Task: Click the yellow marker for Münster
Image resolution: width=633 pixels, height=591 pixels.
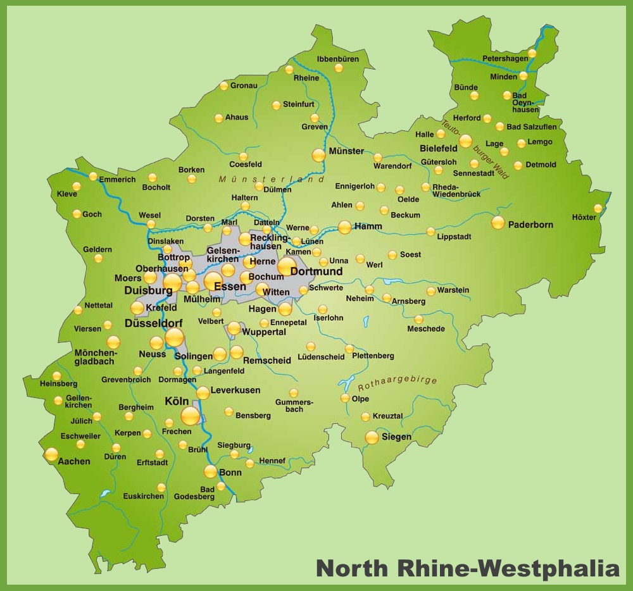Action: [x=318, y=155]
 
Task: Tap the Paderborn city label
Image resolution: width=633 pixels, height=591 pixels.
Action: [x=530, y=225]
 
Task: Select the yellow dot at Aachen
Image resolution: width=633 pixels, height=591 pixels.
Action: [x=51, y=454]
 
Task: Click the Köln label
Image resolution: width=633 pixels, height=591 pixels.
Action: [x=177, y=401]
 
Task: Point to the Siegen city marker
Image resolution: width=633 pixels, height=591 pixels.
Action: [x=372, y=437]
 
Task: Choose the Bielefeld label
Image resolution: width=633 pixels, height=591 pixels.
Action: [x=438, y=148]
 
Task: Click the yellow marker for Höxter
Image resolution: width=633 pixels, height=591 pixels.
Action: [x=598, y=208]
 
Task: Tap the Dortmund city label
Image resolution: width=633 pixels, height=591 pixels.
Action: [x=316, y=271]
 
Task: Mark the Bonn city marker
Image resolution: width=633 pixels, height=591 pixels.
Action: [x=210, y=471]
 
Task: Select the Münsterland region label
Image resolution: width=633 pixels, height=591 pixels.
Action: [x=272, y=180]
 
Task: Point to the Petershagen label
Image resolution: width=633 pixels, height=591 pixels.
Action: [x=505, y=58]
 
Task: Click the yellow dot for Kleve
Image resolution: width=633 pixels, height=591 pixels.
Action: [x=77, y=187]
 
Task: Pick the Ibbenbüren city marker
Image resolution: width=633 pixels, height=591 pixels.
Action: [x=339, y=68]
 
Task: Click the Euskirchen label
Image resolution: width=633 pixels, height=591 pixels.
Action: [x=143, y=496]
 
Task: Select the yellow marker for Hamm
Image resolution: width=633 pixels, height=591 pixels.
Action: [x=344, y=227]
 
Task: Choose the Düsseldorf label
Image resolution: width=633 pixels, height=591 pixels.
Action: [x=154, y=323]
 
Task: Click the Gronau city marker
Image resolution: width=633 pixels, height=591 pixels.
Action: [x=223, y=86]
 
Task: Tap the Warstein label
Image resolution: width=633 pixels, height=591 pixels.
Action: [x=454, y=290]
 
